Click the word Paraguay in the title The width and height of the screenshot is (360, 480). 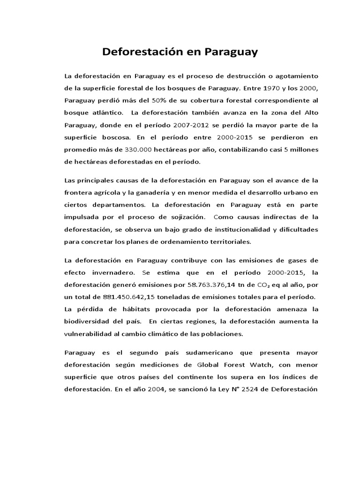tap(230, 52)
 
